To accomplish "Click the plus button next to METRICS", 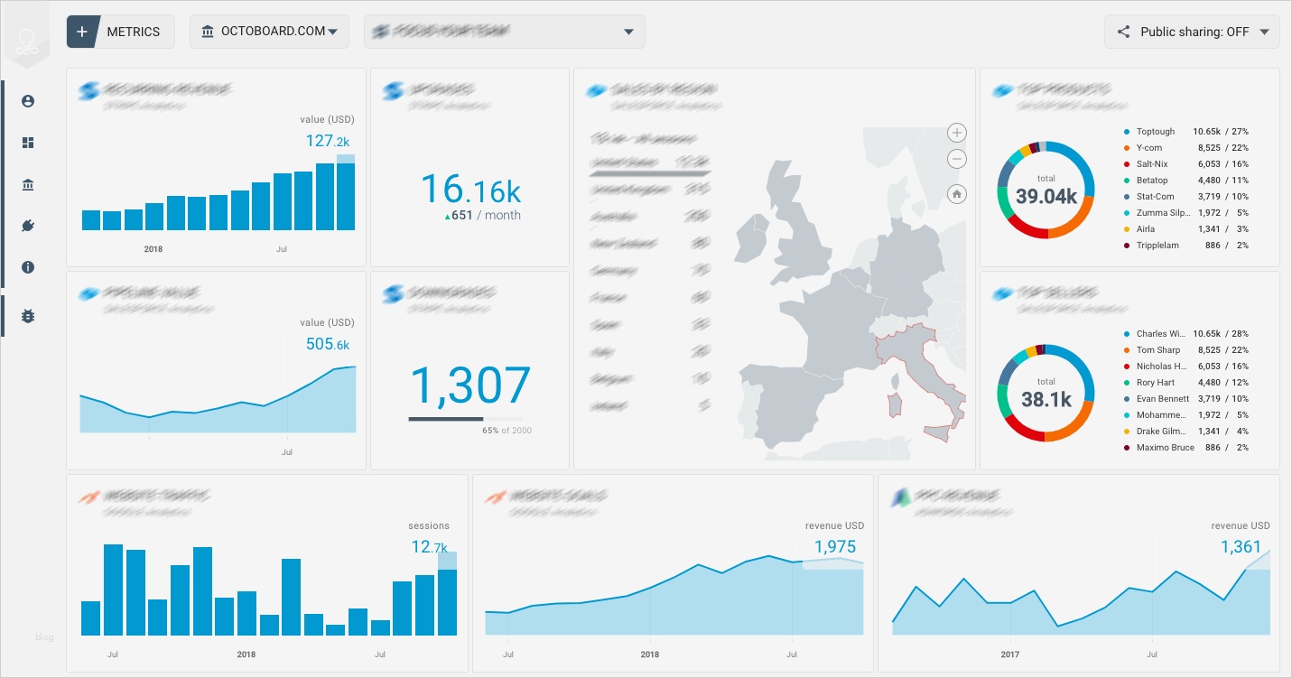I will (x=82, y=32).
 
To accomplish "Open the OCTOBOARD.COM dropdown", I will (x=270, y=32).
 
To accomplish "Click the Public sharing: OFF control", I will (x=1193, y=32).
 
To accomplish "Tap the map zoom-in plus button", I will (x=957, y=133).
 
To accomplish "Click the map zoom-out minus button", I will (x=957, y=160).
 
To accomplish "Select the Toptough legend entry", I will (x=1155, y=132).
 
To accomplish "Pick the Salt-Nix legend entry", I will (x=1151, y=164).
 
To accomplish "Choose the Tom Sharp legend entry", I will (x=1157, y=350).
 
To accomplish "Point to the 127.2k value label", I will (x=328, y=141).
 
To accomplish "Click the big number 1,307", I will (x=469, y=385).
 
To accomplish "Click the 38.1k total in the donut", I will (x=1046, y=398).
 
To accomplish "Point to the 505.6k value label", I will (x=328, y=344).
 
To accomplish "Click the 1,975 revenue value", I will (x=834, y=546).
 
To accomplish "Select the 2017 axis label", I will (x=1010, y=655).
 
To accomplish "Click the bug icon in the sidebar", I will (x=28, y=316).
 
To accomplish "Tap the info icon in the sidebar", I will (x=28, y=267).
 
